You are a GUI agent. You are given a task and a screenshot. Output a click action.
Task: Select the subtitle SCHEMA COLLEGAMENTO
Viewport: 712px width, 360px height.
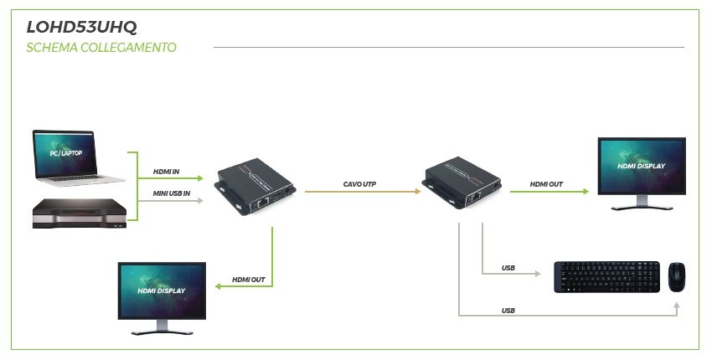[101, 48]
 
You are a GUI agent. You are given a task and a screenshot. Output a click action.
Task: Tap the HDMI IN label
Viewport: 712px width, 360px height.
[166, 172]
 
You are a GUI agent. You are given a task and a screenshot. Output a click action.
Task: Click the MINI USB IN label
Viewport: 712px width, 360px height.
[172, 194]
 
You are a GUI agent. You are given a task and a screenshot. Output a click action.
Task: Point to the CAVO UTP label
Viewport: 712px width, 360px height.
[361, 184]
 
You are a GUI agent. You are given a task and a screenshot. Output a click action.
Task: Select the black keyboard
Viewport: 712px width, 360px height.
[606, 276]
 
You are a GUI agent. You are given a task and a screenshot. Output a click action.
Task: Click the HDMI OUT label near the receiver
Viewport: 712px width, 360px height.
[546, 184]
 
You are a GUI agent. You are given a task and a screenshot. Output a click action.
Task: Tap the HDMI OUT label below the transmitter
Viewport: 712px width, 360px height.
[249, 279]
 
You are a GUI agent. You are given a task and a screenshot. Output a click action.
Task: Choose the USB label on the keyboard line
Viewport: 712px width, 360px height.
[508, 268]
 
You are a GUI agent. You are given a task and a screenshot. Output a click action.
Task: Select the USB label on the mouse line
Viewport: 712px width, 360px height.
[508, 310]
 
